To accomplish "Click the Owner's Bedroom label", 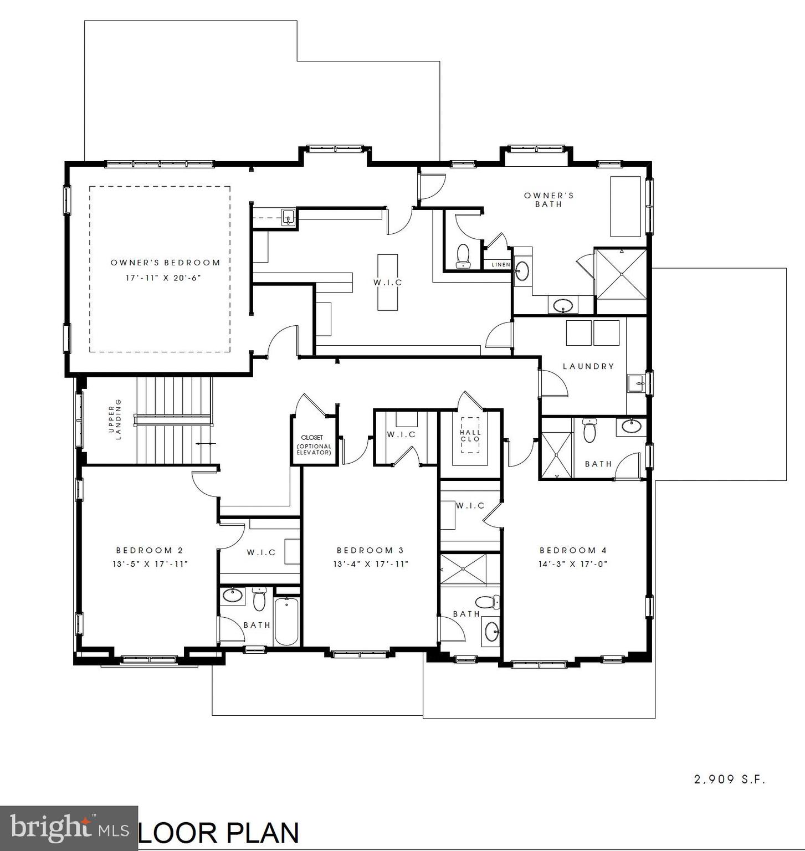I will point(165,263).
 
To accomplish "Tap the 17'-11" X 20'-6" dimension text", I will point(162,278).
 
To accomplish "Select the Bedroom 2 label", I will point(150,550).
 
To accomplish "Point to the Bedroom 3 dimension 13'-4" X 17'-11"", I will point(371,564).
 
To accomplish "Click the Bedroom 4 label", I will point(573,550).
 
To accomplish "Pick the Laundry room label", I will point(588,366).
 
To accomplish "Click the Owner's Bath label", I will point(548,199).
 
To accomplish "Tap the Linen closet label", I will point(500,265).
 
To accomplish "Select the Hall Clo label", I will point(470,435).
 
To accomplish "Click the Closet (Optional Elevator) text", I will point(314,445).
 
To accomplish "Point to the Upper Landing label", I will point(114,419).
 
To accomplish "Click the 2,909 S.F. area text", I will point(730,780).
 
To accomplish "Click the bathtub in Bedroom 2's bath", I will point(286,621).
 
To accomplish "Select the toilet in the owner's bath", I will point(463,257).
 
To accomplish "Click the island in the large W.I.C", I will point(388,282).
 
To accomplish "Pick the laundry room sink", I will point(637,383).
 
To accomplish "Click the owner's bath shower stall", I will point(621,274).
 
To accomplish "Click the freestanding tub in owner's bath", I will point(625,207).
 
